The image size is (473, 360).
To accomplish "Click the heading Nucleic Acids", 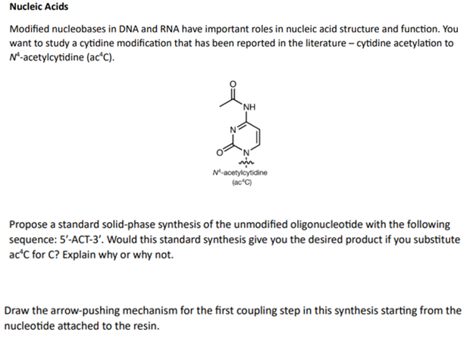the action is tap(39, 8).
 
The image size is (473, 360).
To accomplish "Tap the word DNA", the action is tap(136, 28).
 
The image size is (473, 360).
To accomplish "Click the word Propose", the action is tap(30, 225).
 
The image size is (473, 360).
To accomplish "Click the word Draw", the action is tap(18, 311).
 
